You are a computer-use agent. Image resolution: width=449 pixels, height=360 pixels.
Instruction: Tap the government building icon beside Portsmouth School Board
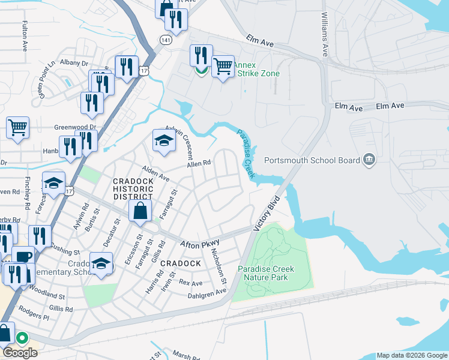tap(369, 160)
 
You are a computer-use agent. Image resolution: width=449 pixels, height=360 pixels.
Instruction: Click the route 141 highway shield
tap(164, 39)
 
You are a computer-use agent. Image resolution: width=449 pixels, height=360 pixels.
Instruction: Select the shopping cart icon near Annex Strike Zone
tap(223, 66)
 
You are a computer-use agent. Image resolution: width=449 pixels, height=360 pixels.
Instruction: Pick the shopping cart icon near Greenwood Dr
tap(17, 127)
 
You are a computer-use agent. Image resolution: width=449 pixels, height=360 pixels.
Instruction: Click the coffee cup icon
tap(23, 256)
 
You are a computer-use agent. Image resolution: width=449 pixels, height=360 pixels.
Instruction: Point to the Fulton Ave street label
tap(25, 37)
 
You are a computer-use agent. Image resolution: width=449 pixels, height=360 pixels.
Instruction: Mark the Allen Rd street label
tap(199, 163)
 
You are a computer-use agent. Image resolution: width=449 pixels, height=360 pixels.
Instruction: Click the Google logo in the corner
tap(20, 353)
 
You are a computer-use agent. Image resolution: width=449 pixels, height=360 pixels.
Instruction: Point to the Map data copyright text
tap(412, 355)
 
